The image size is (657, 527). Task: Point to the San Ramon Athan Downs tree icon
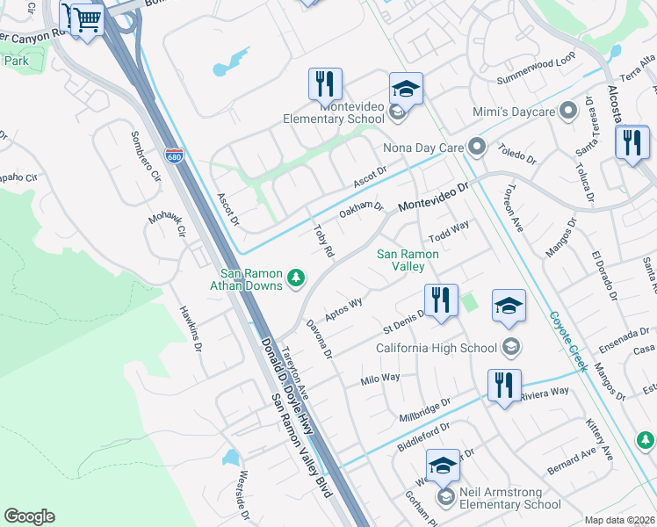pyautogui.click(x=297, y=278)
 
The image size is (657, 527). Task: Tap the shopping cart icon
pyautogui.click(x=86, y=18)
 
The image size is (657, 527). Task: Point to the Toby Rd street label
pyautogui.click(x=323, y=241)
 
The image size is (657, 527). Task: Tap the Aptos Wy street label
pyautogui.click(x=343, y=309)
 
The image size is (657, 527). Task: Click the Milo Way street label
pyautogui.click(x=380, y=379)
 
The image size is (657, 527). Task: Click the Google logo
pyautogui.click(x=29, y=516)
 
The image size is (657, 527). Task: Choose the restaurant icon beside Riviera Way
pyautogui.click(x=504, y=386)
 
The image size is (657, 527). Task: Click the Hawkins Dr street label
pyautogui.click(x=191, y=328)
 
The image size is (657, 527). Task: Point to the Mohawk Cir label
pyautogui.click(x=167, y=224)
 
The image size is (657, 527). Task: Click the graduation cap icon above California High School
pyautogui.click(x=509, y=307)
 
